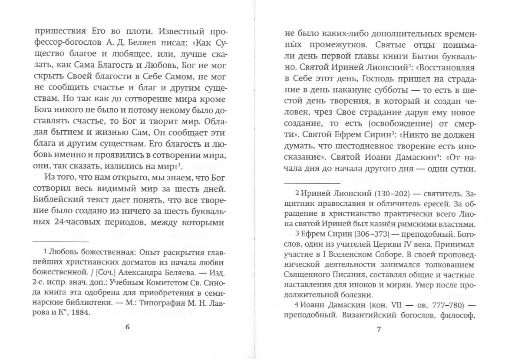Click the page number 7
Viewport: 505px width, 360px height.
378,329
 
